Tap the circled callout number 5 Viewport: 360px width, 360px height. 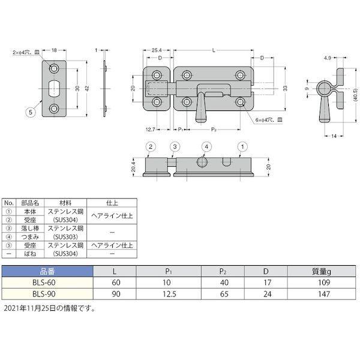29,110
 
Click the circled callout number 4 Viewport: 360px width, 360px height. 205,146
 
